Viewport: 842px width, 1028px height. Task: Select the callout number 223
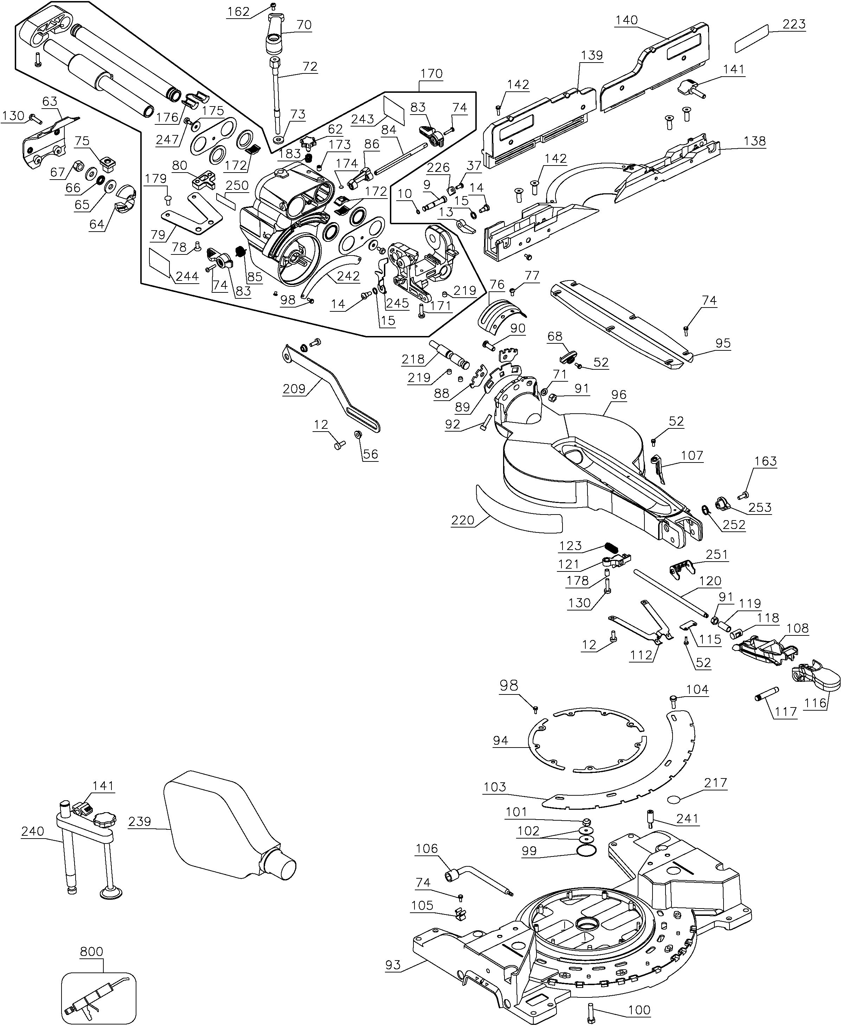pos(794,24)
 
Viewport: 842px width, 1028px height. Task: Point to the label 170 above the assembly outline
pos(431,74)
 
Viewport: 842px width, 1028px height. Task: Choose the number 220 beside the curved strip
pos(462,520)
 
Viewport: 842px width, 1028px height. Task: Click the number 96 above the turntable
pos(618,395)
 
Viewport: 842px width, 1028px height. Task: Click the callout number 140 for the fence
pos(626,20)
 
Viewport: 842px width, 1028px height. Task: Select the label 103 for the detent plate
pos(494,787)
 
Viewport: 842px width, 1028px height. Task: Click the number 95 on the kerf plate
pos(723,343)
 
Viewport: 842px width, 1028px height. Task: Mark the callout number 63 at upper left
pos(50,101)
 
